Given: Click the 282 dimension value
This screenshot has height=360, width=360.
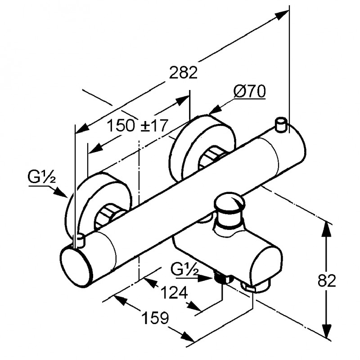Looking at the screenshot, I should click(x=184, y=72).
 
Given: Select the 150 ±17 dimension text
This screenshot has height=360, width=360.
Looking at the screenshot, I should click(x=136, y=126).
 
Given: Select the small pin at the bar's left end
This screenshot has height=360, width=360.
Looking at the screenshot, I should click(x=81, y=240).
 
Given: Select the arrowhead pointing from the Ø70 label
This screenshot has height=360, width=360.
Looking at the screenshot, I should click(x=216, y=110).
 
